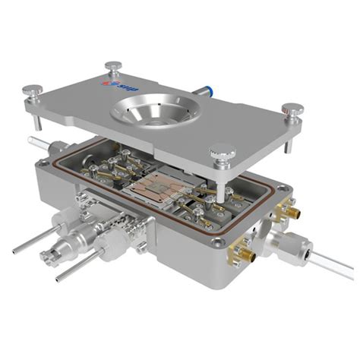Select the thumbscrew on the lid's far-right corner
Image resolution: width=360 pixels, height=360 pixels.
(x=292, y=109)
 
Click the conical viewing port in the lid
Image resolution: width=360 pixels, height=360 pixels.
(x=149, y=113)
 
